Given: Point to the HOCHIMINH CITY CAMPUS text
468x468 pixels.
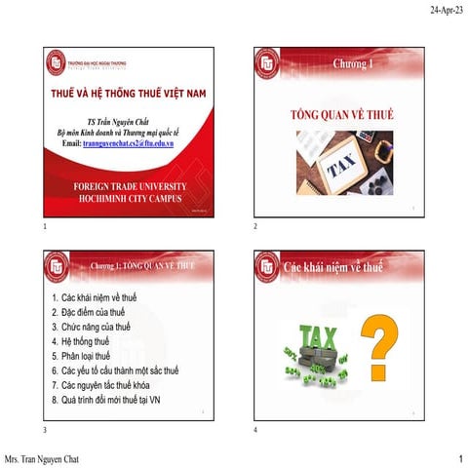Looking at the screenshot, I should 127,196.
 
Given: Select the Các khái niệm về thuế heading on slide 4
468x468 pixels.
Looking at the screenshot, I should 332,265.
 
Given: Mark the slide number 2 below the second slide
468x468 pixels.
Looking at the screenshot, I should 254,226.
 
